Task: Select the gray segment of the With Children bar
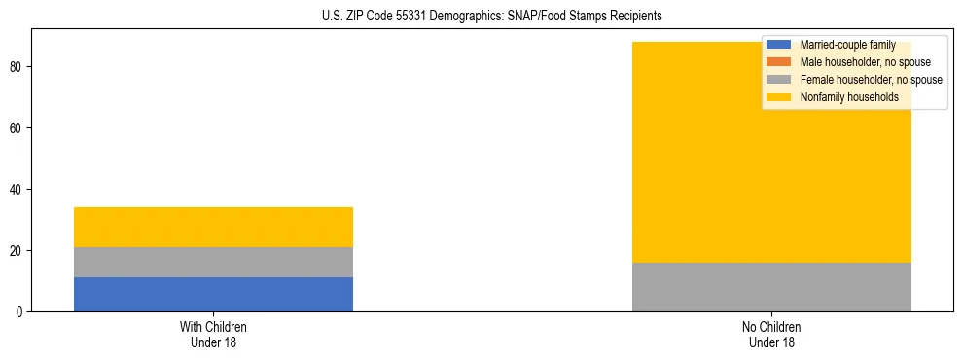[213, 262]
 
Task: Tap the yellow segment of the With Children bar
[213, 227]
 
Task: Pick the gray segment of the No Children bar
[771, 286]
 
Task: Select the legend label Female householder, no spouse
[871, 80]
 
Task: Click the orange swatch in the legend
[779, 62]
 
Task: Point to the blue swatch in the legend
[779, 45]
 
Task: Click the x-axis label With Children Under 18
[213, 335]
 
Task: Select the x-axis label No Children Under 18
[771, 335]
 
